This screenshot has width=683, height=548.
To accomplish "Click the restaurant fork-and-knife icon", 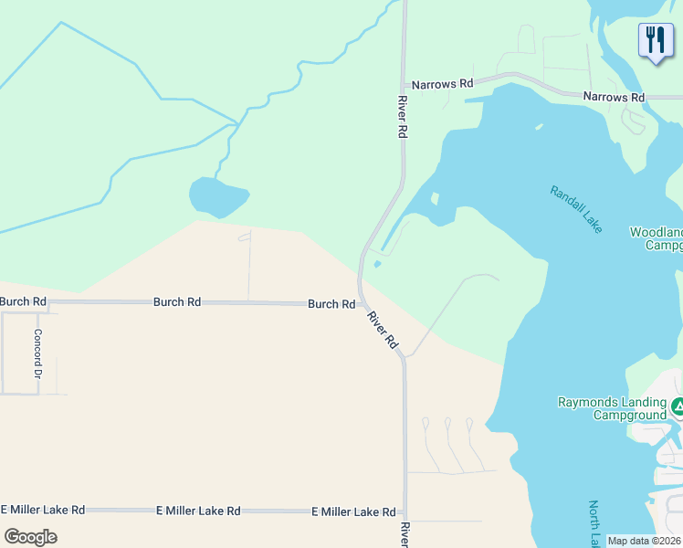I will point(656,40).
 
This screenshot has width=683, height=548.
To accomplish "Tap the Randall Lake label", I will point(576,209).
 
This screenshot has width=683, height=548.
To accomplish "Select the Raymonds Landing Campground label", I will point(613,408).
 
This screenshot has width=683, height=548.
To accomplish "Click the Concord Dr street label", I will point(38,354).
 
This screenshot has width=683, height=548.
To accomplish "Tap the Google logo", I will point(30,536).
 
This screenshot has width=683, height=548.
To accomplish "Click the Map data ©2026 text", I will point(644,541).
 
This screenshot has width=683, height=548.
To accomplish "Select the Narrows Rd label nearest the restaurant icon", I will point(614,97).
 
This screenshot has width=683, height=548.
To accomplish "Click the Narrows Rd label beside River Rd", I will point(442,84).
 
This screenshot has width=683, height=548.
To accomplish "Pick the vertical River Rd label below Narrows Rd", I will point(401,117).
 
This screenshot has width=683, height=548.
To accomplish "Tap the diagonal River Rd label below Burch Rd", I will point(383,330).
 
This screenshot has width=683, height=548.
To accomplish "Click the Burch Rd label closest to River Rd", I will point(331,304).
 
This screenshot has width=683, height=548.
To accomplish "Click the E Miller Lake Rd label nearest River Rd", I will point(353,512).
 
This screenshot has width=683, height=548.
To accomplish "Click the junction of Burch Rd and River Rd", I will point(363,303).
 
